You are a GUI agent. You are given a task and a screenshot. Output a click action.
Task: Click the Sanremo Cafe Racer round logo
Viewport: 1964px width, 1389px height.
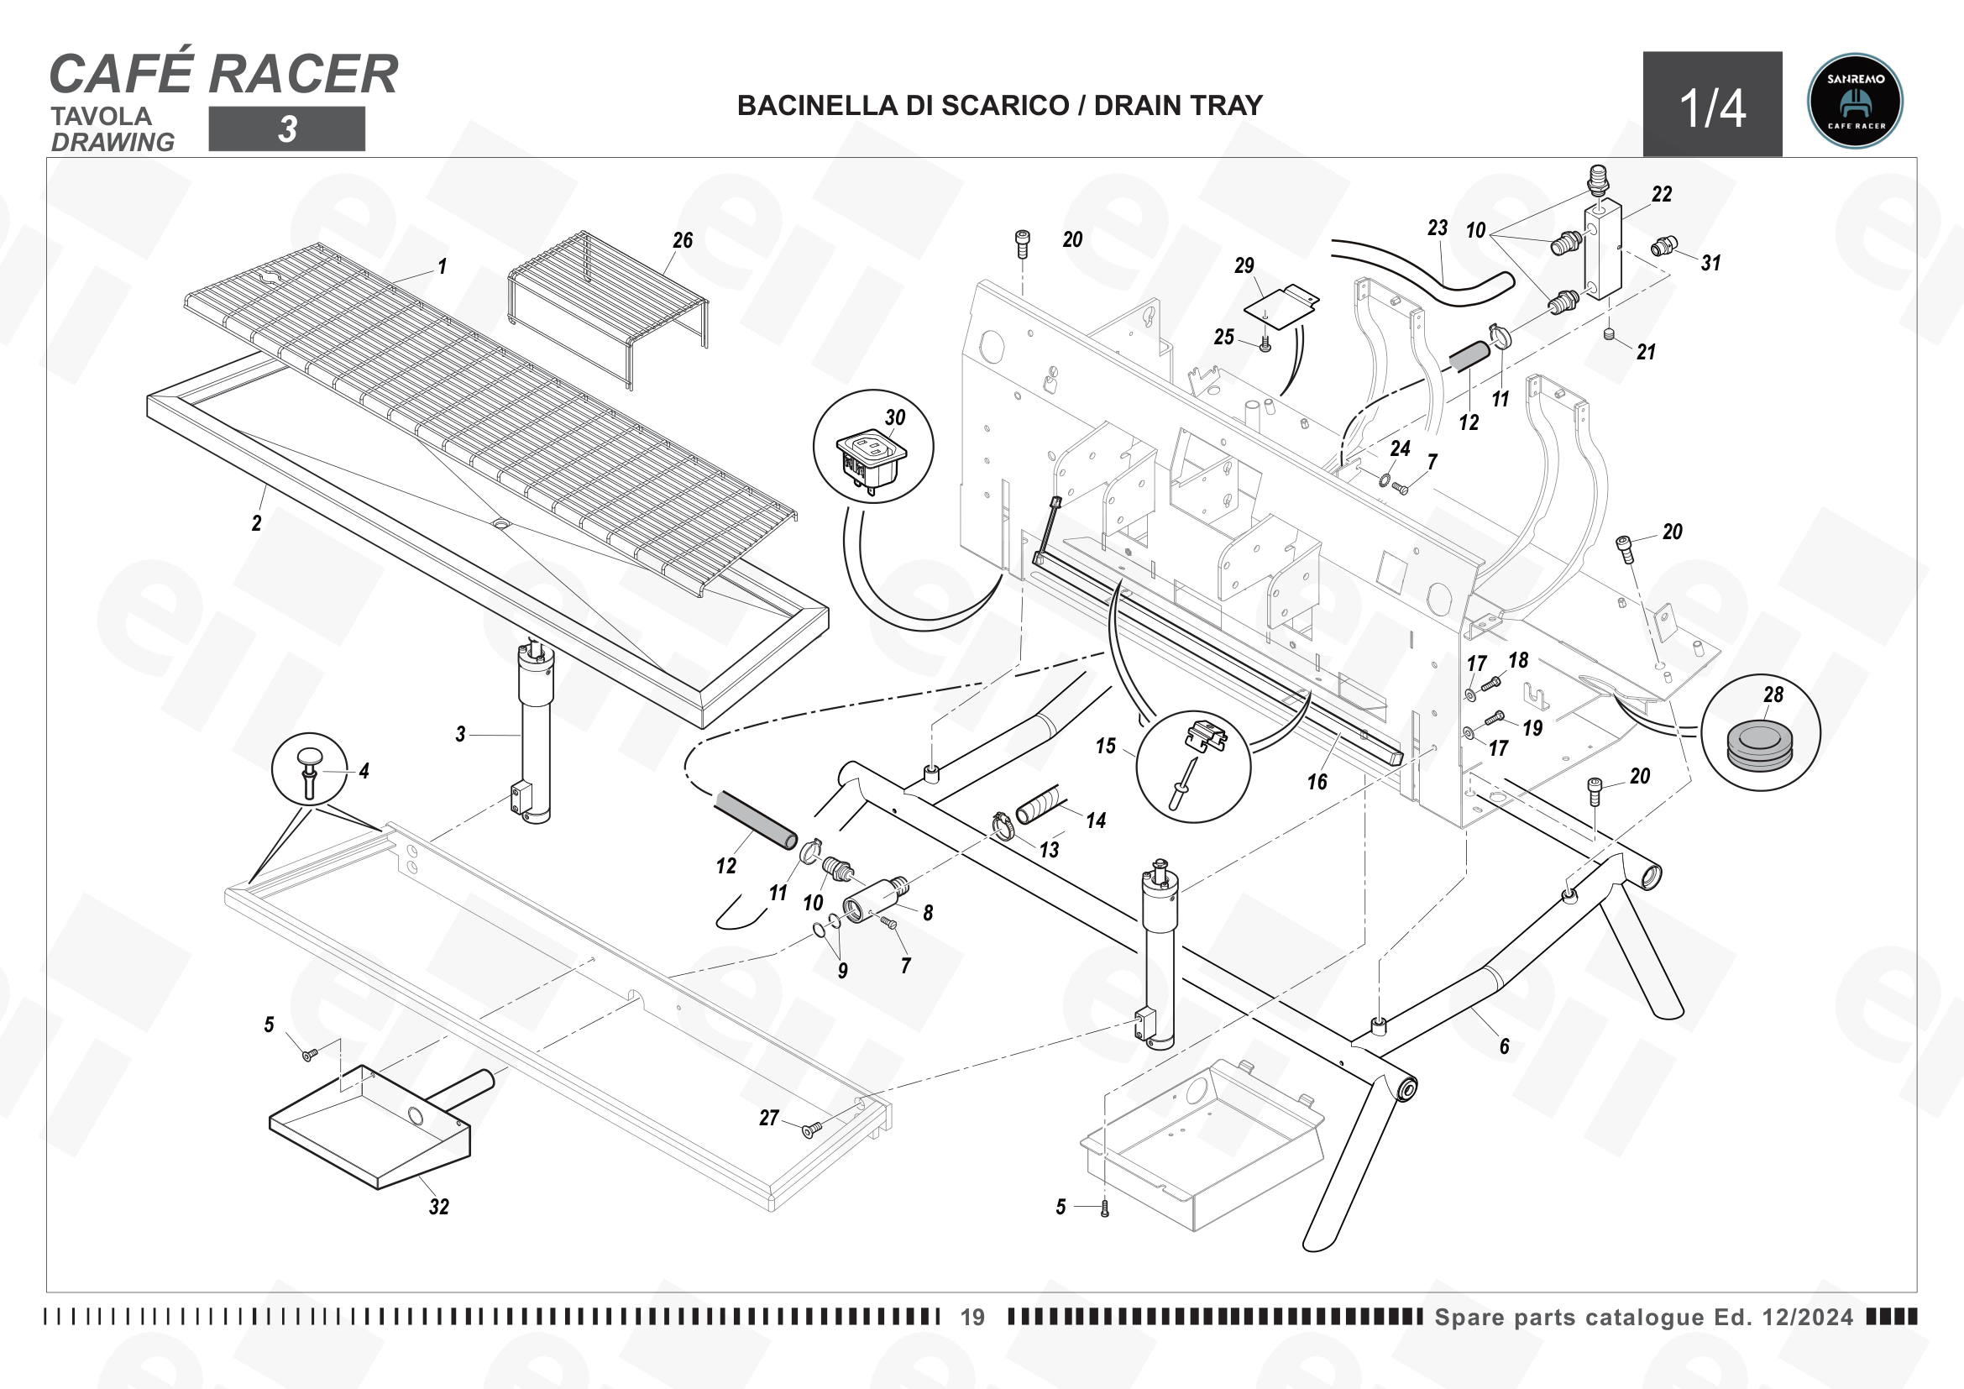pyautogui.click(x=1855, y=102)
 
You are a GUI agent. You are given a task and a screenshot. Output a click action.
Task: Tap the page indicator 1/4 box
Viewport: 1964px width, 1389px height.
pyautogui.click(x=1712, y=104)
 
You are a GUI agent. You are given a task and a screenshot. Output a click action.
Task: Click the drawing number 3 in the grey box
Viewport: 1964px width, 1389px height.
pyautogui.click(x=287, y=129)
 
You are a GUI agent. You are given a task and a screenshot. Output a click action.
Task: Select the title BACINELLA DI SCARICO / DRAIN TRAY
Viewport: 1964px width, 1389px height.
pyautogui.click(x=1000, y=105)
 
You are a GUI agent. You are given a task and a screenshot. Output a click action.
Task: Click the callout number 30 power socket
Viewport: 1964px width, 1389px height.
pyautogui.click(x=895, y=417)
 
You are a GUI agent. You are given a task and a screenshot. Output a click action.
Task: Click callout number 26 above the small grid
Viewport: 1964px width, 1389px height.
pyautogui.click(x=683, y=240)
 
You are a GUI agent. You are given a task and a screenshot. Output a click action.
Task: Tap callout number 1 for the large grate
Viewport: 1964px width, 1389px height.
pyautogui.click(x=443, y=267)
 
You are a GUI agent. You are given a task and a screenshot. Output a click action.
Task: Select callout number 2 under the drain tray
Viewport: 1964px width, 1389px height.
pyautogui.click(x=257, y=522)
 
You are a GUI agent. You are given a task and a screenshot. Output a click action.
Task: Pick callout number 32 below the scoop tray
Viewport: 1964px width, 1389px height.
pyautogui.click(x=439, y=1207)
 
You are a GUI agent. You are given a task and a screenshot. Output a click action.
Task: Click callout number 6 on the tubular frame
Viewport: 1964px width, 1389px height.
pyautogui.click(x=1505, y=1046)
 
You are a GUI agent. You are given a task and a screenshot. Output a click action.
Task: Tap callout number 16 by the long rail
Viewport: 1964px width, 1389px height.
pyautogui.click(x=1317, y=782)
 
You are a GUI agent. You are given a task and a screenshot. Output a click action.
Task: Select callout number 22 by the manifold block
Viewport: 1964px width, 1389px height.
pyautogui.click(x=1662, y=194)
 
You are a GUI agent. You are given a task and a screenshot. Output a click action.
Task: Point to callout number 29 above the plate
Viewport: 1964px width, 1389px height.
pyautogui.click(x=1244, y=265)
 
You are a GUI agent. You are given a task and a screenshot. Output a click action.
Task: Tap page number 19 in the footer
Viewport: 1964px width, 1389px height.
pyautogui.click(x=972, y=1317)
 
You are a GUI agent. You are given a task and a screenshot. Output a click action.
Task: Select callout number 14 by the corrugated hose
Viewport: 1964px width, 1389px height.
pyautogui.click(x=1096, y=821)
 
